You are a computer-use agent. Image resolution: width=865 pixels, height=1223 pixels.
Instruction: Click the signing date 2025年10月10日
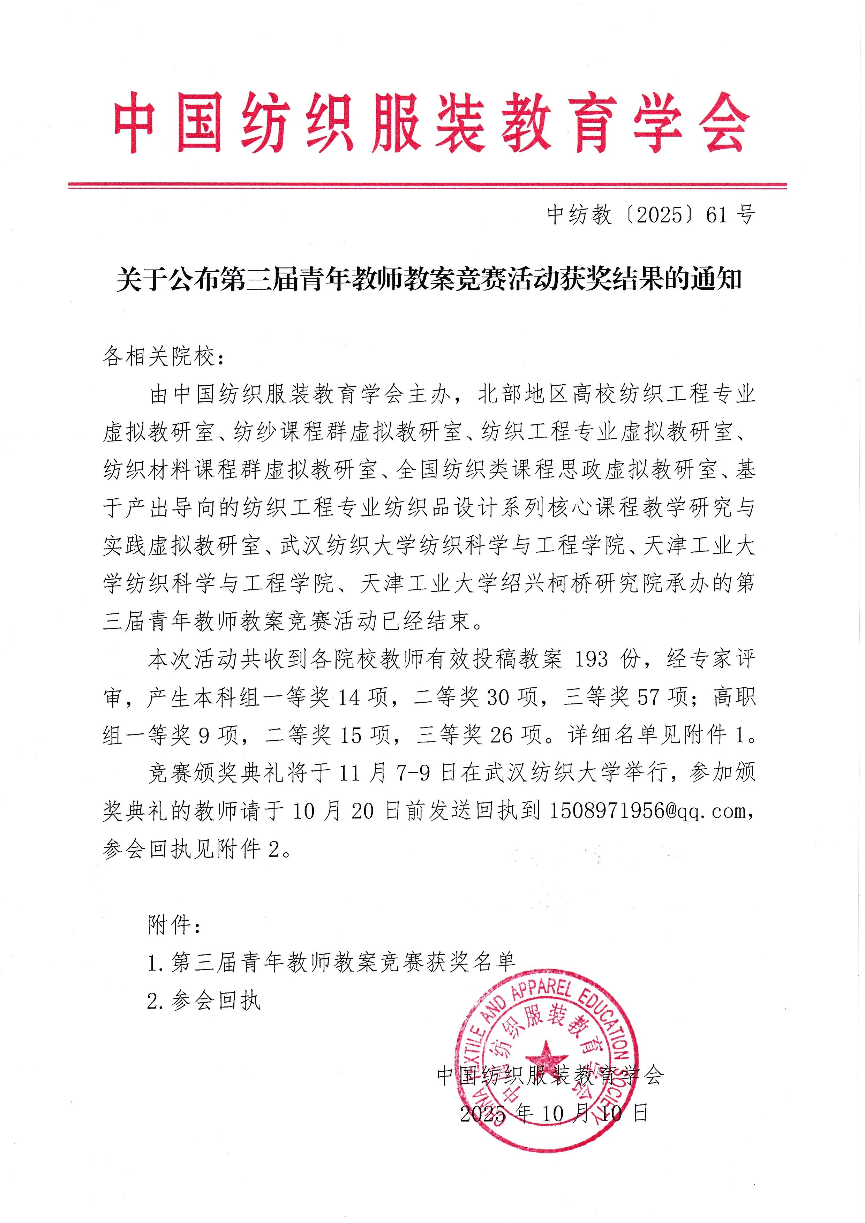coord(554,1113)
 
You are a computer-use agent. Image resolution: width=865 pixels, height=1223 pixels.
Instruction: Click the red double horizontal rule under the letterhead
coord(427,186)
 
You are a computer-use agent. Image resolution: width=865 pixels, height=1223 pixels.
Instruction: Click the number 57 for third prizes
coord(648,697)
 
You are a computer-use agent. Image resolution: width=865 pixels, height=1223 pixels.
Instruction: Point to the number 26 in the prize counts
coord(501,735)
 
